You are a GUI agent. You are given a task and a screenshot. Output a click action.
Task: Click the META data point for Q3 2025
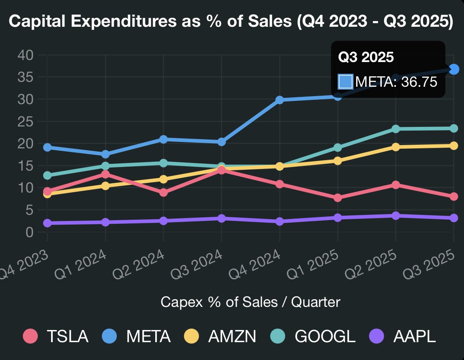[x=454, y=69]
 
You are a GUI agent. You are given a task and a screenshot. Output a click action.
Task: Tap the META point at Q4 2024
[x=279, y=100]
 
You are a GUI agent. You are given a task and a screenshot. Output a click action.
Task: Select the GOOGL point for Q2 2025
[x=396, y=129]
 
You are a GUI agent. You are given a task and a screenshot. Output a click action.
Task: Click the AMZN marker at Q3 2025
[x=454, y=146]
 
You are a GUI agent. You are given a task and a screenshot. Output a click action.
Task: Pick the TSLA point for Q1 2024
[x=105, y=174]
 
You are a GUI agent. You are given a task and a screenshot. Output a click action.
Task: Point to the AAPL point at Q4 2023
[x=47, y=223]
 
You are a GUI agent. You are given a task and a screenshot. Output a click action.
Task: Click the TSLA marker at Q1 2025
[x=338, y=198]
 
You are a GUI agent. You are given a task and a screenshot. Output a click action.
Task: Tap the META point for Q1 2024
[x=105, y=154]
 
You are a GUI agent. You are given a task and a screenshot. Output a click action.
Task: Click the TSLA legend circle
[x=30, y=336]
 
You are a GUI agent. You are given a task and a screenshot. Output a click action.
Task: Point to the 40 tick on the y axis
[x=26, y=55]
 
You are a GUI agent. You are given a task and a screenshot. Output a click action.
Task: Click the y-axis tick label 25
[x=26, y=122]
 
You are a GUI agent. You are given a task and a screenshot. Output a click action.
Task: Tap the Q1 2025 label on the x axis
[x=312, y=265]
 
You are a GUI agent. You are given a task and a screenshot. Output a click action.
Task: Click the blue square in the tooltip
[x=346, y=81]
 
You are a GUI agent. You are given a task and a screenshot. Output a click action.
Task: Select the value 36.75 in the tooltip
[x=419, y=82]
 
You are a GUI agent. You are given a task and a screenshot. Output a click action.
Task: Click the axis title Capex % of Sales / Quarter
[x=250, y=302]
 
